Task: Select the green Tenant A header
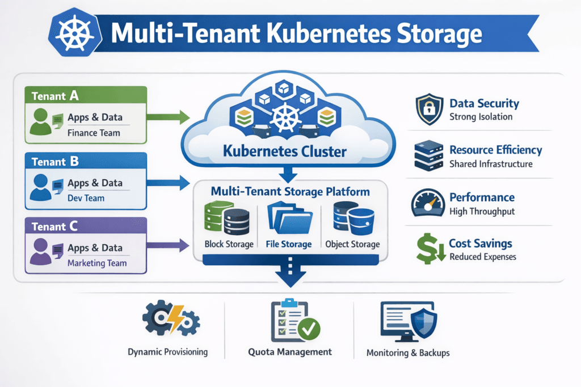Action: click(56, 96)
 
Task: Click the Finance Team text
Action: click(94, 134)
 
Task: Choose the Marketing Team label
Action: click(97, 263)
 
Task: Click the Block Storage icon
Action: click(228, 218)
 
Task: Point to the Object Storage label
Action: click(352, 244)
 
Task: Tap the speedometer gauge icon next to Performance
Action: click(428, 203)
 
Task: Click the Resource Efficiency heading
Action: click(495, 150)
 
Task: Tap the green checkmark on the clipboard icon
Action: click(309, 328)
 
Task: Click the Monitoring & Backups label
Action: click(408, 352)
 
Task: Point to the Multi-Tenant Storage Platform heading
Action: click(290, 192)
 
